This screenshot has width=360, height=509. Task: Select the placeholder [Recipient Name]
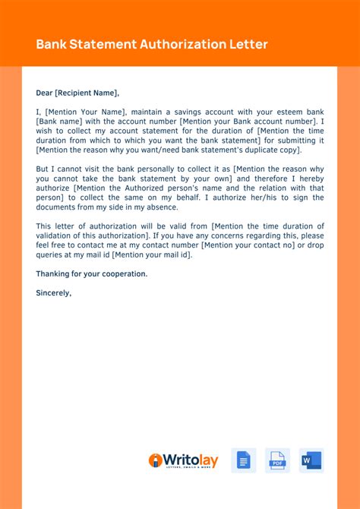87,93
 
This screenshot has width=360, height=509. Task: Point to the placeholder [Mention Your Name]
84,112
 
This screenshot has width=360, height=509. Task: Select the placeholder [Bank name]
60,122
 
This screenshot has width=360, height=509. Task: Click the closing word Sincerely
54,292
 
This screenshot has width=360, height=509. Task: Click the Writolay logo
183,460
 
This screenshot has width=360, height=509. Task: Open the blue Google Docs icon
243,460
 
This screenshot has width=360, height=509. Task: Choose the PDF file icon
277,460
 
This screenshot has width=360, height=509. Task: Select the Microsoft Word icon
311,460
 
